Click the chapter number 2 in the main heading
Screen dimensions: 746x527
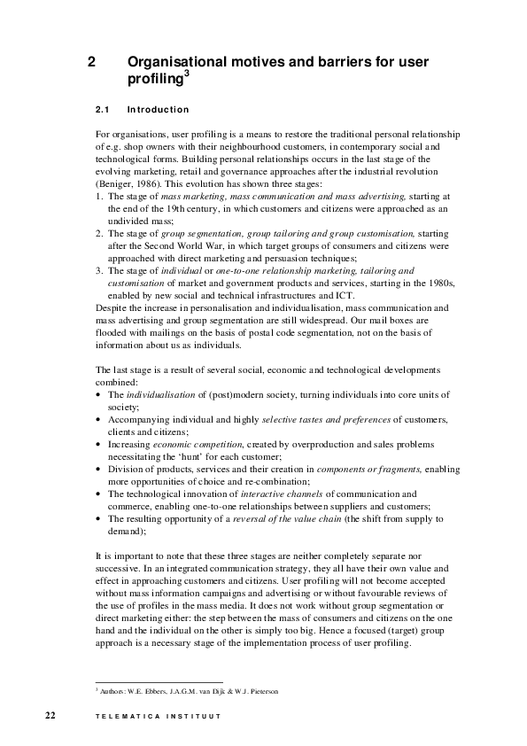pyautogui.click(x=92, y=62)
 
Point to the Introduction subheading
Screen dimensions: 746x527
pyautogui.click(x=159, y=110)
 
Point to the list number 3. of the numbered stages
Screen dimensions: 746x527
pyautogui.click(x=98, y=268)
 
